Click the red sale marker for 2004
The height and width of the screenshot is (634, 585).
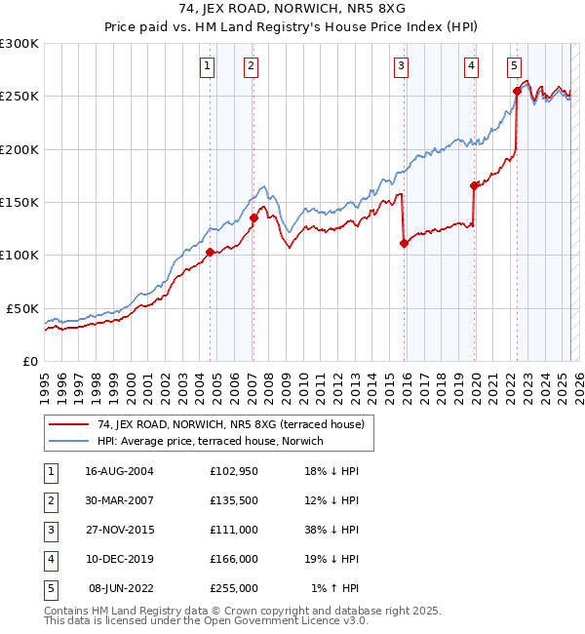[x=210, y=252]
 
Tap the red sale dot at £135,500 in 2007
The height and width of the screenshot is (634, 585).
[x=253, y=218]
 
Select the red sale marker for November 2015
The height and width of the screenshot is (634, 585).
[x=404, y=244]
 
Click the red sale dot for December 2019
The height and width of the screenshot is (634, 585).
[x=474, y=185]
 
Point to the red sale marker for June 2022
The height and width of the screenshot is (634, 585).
[x=517, y=92]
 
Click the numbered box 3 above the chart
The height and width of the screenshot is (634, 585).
[x=401, y=66]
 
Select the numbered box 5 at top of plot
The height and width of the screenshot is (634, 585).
[x=514, y=66]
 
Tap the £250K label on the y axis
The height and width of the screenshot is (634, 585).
[x=19, y=97]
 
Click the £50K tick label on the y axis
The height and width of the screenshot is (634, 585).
[x=22, y=308]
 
